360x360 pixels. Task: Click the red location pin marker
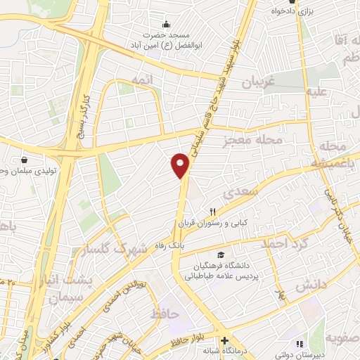click(x=181, y=165)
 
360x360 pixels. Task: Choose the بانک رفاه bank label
click(x=191, y=240)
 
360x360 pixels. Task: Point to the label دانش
click(x=311, y=286)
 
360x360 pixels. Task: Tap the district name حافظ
click(x=164, y=313)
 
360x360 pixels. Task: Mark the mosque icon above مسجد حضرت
click(x=167, y=24)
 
